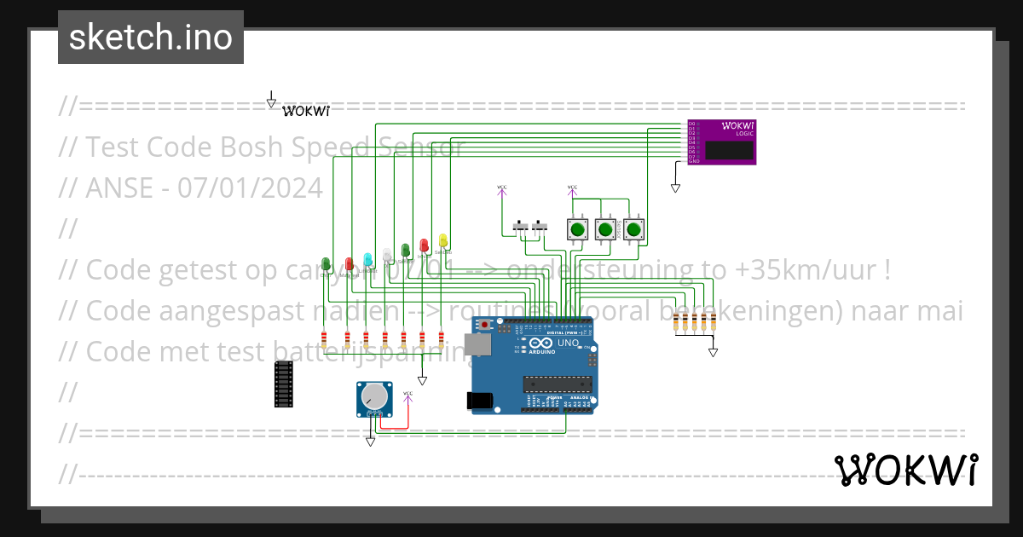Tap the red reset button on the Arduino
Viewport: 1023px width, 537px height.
(486, 325)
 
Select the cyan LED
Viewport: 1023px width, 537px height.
(367, 259)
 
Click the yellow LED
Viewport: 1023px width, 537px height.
(442, 240)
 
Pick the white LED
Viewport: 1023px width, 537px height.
(386, 255)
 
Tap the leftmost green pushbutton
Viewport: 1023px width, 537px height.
(578, 229)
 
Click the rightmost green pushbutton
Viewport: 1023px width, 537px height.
(633, 229)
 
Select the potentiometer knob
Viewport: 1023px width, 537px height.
(374, 396)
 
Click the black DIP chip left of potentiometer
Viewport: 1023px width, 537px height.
(283, 384)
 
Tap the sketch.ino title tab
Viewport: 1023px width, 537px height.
(151, 38)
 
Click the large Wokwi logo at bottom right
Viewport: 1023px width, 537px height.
(905, 470)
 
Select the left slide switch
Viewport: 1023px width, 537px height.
(520, 228)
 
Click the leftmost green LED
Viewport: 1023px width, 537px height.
(326, 265)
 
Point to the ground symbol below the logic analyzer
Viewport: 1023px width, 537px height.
(675, 188)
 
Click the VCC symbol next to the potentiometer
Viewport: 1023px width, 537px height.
(407, 395)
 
